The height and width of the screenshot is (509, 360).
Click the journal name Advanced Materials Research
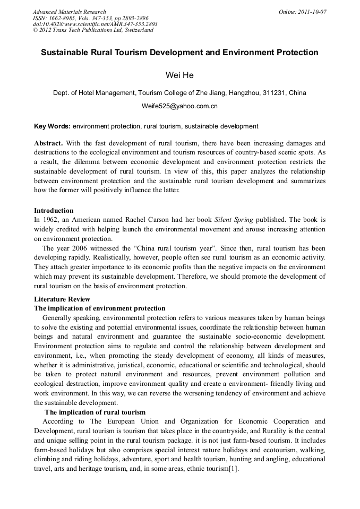tap(69, 12)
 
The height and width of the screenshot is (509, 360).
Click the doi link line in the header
tap(95, 24)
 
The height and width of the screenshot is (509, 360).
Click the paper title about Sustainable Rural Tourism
tap(179, 53)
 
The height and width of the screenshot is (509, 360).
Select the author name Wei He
tap(179, 75)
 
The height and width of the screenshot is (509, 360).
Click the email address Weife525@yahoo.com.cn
tap(179, 106)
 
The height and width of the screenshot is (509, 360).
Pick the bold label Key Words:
tap(52, 126)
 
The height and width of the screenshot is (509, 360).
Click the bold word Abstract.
tap(48, 143)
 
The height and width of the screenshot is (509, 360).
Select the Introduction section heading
tap(54, 211)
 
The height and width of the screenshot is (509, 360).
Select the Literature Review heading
tap(62, 299)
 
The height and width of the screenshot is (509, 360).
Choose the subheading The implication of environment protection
tap(100, 308)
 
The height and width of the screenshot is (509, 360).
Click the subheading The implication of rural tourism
tap(95, 412)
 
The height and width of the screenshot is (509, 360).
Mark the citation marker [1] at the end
tap(234, 469)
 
